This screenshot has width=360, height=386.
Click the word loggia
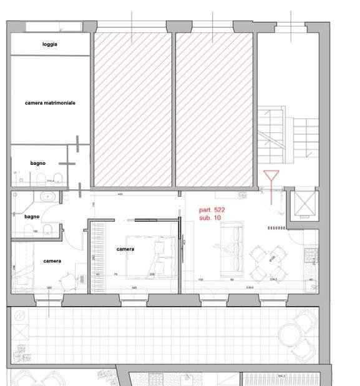pos(51,44)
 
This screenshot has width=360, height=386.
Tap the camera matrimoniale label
pos(51,102)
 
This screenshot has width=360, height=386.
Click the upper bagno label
pos(38,163)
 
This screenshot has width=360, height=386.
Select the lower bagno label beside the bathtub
pos(32,216)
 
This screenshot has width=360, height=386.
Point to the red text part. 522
pos(212,210)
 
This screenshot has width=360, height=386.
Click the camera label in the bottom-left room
pos(52,261)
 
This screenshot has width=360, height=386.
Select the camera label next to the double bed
pos(125,249)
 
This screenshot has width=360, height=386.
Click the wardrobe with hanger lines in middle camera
pos(97,256)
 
